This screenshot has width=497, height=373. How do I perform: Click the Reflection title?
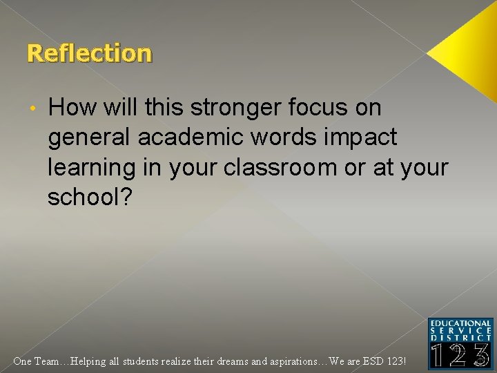pyautogui.click(x=89, y=53)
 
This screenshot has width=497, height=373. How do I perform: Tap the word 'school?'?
pyautogui.click(x=88, y=197)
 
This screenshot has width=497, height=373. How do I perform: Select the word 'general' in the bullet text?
pyautogui.click(x=89, y=137)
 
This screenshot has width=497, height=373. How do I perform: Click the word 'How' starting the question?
pyautogui.click(x=72, y=108)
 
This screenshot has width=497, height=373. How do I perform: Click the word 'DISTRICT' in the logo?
pyautogui.click(x=460, y=338)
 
